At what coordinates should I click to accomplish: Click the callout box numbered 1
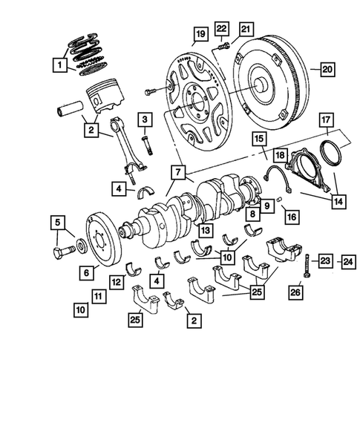(x=58, y=66)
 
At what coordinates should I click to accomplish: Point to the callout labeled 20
(x=326, y=70)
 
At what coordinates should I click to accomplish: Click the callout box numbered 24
(x=347, y=260)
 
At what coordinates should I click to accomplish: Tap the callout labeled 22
(x=221, y=28)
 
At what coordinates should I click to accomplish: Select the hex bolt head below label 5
(x=60, y=257)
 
